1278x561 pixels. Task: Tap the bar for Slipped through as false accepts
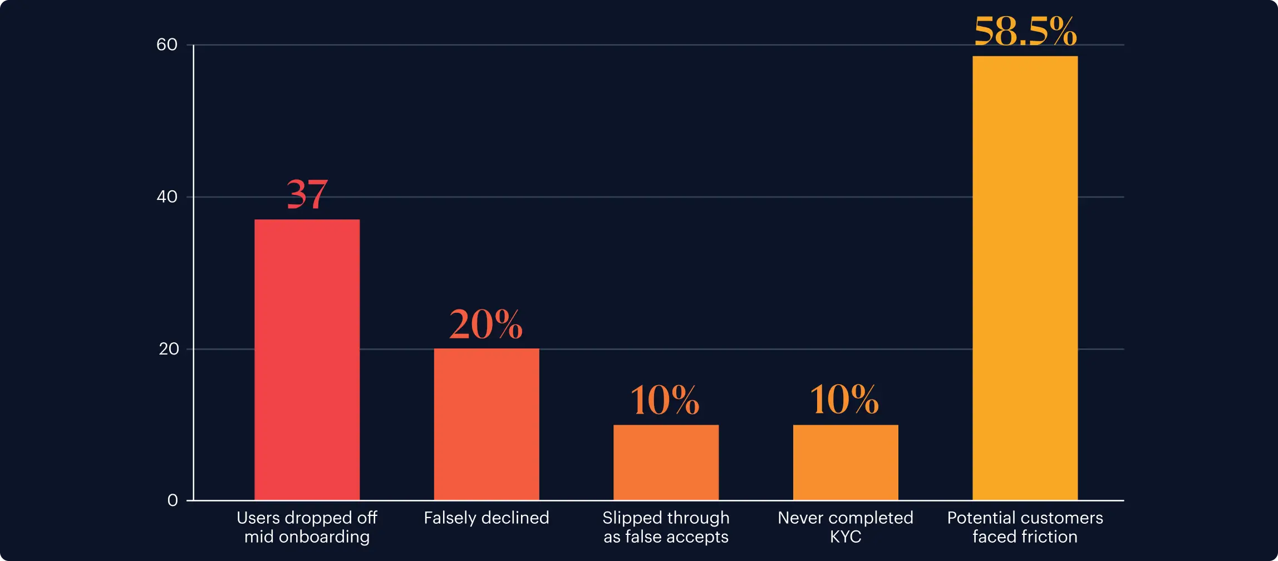coord(666,462)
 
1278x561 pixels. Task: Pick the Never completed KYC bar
coord(845,462)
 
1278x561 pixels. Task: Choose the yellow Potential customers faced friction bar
coord(1025,278)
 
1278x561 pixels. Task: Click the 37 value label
coord(307,194)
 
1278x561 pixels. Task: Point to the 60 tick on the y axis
coord(167,45)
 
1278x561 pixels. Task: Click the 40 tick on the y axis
coord(167,196)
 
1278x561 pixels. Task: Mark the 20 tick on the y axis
coord(169,349)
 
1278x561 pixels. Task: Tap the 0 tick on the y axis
coord(173,500)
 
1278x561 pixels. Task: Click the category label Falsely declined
coord(486,518)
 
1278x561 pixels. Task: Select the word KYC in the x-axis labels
coord(846,537)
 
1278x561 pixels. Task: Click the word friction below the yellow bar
coord(1049,537)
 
